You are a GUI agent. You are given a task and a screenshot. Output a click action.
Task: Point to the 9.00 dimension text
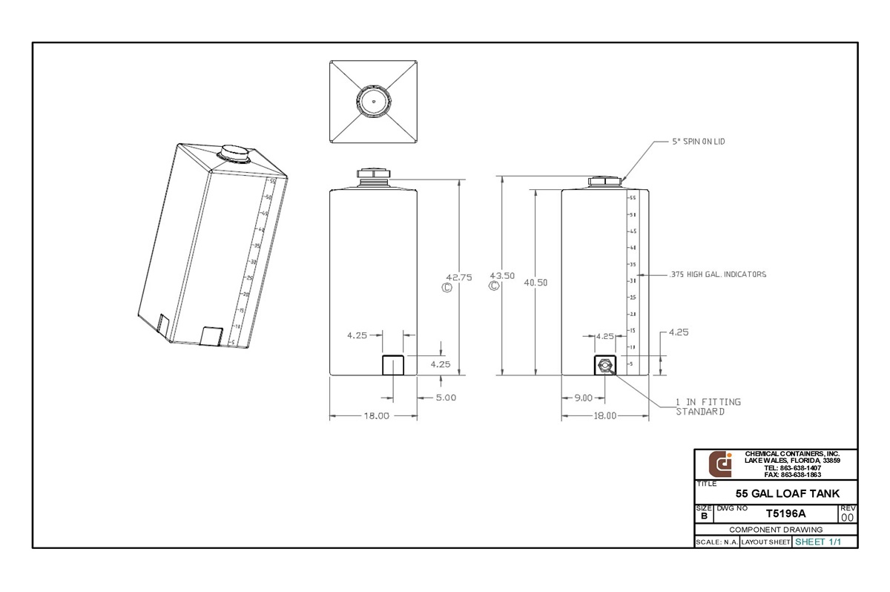point(583,398)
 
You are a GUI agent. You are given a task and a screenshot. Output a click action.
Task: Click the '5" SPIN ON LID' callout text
point(689,142)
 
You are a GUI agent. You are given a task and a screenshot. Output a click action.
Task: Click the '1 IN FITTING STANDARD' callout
point(708,407)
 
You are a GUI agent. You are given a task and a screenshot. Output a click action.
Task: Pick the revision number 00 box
point(848,517)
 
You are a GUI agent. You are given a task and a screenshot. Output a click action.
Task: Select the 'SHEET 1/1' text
point(818,542)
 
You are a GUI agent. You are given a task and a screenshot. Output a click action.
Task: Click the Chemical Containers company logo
point(720,464)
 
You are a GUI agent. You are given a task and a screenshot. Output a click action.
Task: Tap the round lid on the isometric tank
point(234,152)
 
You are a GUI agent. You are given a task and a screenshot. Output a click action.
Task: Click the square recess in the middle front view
point(393,366)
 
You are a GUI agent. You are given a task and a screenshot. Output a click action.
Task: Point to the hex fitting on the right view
point(605,365)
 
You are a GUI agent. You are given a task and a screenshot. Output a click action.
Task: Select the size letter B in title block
point(703,516)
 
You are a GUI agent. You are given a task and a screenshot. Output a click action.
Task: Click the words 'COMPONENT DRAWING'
point(776,530)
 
